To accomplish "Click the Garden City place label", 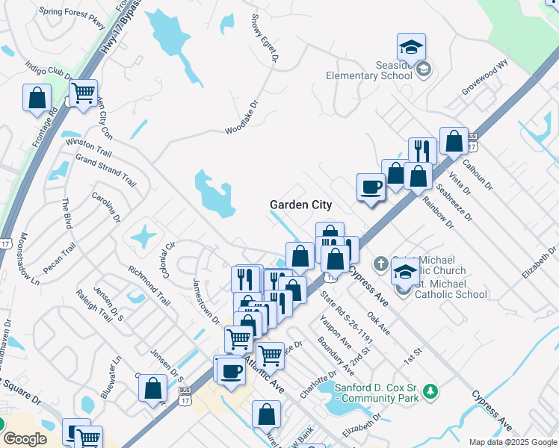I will (x=300, y=205).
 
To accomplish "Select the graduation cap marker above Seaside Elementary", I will (x=411, y=48).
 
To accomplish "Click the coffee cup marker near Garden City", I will (x=371, y=187).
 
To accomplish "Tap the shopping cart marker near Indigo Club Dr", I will (x=84, y=94).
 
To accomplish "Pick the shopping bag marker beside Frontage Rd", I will (x=37, y=99).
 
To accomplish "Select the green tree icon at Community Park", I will (x=430, y=391).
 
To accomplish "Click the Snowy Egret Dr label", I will (x=266, y=37).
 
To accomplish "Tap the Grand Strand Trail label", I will (x=105, y=171).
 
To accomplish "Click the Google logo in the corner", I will (x=24, y=439).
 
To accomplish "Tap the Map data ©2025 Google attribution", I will (x=512, y=442).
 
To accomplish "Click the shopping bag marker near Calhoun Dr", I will (x=454, y=142).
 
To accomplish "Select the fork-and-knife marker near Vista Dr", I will (x=422, y=152).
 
